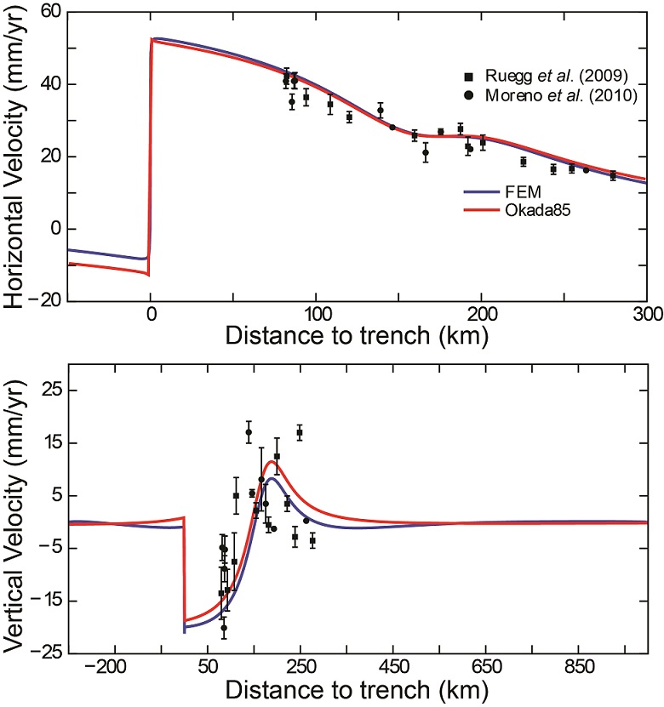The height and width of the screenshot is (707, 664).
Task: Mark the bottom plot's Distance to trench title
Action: point(357,687)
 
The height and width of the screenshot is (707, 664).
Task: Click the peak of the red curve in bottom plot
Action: point(272,462)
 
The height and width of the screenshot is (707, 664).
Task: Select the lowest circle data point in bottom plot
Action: point(224,628)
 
